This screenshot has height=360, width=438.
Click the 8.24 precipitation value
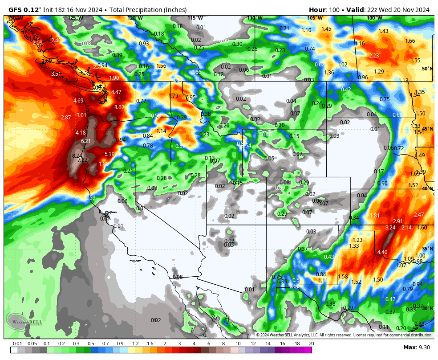click(x=77, y=156)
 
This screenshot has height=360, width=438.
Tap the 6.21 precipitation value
click(x=86, y=141)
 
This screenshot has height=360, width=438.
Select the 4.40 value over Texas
click(x=382, y=252)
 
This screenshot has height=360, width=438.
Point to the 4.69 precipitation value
click(x=78, y=101)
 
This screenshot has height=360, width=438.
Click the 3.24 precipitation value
click(x=390, y=228)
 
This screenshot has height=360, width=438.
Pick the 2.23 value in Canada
click(x=374, y=56)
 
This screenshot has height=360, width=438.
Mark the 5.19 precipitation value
click(x=109, y=154)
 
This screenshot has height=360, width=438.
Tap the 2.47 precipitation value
click(x=419, y=215)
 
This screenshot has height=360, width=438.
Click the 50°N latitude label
click(x=427, y=69)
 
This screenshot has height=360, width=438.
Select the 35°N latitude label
click(x=427, y=249)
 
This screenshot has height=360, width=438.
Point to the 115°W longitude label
click(x=195, y=18)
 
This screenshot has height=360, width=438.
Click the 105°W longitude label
click(x=315, y=18)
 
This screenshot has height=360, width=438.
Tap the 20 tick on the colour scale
click(x=311, y=344)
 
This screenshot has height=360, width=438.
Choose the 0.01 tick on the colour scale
click(x=17, y=344)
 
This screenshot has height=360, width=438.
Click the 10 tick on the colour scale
click(x=238, y=344)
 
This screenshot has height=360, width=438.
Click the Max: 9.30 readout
click(x=416, y=348)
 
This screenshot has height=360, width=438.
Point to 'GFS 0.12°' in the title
click(x=24, y=10)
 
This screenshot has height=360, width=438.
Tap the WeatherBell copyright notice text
click(x=344, y=335)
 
